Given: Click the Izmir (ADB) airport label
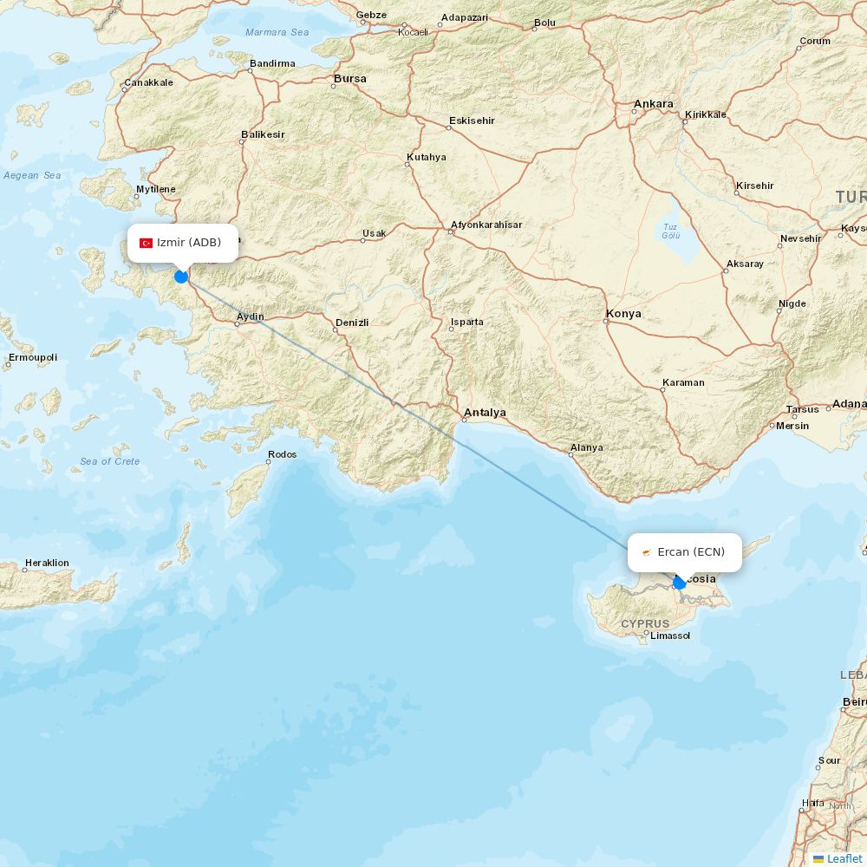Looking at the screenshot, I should click(x=188, y=243).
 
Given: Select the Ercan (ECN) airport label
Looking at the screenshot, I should click(x=691, y=552).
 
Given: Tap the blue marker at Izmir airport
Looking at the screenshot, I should click(x=181, y=277).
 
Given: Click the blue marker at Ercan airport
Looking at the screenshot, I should click(x=680, y=583).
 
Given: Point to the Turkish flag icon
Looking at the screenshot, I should click(x=147, y=243).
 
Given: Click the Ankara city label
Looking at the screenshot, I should click(x=653, y=104).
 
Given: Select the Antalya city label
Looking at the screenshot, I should click(x=486, y=413).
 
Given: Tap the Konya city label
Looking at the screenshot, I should click(x=624, y=313).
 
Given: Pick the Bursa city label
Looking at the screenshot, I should click(x=350, y=79).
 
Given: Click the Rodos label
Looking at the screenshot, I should click(x=283, y=454).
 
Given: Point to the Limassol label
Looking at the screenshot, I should click(x=670, y=636).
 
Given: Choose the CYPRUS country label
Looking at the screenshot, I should click(x=645, y=623).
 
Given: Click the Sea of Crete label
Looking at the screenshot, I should click(x=110, y=461).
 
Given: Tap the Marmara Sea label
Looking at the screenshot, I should click(x=277, y=33).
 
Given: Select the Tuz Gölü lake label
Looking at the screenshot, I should click(x=671, y=230).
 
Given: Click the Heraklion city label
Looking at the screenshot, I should click(x=47, y=563).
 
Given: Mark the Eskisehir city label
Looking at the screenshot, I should click(x=472, y=121).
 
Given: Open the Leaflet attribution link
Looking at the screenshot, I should click(x=844, y=858).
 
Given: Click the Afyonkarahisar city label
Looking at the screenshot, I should click(x=486, y=225).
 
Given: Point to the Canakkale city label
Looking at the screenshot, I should click(x=148, y=83).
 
